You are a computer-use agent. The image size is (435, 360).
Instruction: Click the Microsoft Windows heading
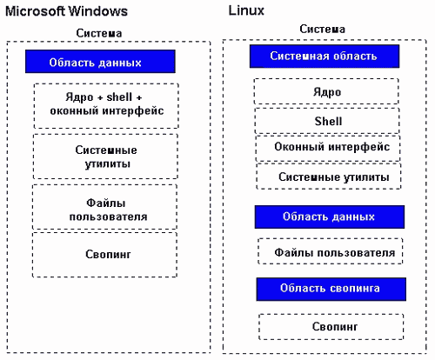tap(66, 11)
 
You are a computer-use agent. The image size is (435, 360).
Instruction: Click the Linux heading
tap(246, 10)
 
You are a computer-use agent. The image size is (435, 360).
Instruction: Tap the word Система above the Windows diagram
tap(99, 33)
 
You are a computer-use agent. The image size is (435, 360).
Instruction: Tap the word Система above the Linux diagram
tap(322, 29)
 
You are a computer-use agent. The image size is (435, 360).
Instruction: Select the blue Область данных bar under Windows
tap(100, 62)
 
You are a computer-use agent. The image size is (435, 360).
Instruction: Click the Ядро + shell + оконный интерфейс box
tap(106, 106)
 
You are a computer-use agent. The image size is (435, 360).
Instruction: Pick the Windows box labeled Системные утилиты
tap(105, 157)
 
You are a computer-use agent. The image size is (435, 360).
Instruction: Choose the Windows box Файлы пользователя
tap(105, 207)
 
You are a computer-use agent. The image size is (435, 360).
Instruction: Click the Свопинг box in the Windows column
tap(104, 255)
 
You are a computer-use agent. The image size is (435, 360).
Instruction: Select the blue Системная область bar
tap(325, 57)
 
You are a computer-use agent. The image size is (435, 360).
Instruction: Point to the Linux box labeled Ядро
tap(326, 91)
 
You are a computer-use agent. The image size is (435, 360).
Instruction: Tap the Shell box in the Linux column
tap(327, 121)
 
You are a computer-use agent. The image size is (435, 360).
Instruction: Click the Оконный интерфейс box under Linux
tap(328, 148)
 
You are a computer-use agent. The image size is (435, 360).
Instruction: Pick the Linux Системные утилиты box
tap(329, 177)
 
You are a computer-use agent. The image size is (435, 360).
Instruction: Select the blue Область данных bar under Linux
tap(330, 217)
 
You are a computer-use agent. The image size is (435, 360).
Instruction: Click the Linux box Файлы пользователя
tap(331, 251)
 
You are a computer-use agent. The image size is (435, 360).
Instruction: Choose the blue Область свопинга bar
tap(331, 289)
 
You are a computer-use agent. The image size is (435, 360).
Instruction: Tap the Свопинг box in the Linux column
tap(331, 327)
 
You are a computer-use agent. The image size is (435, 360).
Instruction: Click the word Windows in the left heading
tap(98, 11)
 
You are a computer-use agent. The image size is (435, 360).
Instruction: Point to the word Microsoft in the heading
tap(35, 11)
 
